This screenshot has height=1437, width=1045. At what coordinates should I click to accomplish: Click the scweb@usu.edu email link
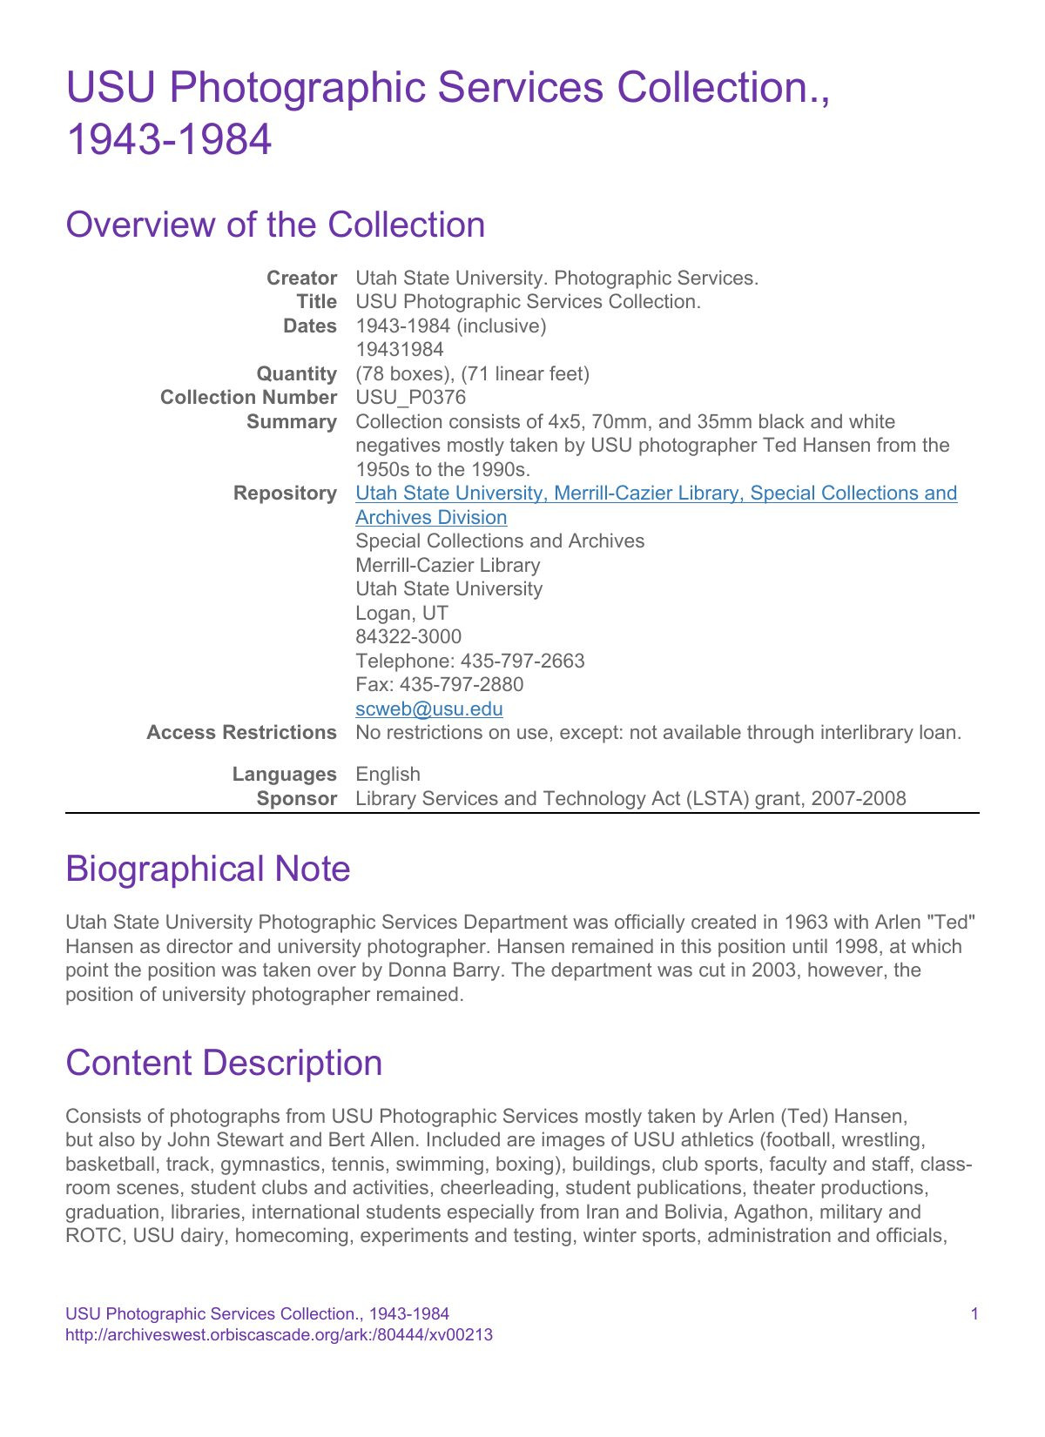click(428, 708)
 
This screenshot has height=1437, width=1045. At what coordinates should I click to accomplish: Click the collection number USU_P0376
click(410, 398)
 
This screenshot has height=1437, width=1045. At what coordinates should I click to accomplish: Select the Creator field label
click(301, 278)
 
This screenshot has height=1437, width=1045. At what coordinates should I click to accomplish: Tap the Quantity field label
click(296, 373)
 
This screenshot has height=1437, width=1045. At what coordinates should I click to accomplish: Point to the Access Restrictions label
click(241, 733)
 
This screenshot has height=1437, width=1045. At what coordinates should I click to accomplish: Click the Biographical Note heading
click(207, 869)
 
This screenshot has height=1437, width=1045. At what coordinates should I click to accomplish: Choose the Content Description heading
click(224, 1063)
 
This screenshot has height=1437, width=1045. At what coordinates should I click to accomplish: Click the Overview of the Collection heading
click(275, 225)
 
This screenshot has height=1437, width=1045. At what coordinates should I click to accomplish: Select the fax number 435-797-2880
click(462, 685)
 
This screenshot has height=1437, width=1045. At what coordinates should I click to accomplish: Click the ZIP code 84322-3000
click(408, 637)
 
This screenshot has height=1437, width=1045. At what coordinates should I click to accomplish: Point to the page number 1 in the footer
click(974, 1313)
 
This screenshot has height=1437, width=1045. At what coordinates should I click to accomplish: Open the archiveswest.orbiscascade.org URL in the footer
click(279, 1335)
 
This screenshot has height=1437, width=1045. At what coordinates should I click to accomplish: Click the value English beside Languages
click(388, 775)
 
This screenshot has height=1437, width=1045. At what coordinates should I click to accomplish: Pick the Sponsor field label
click(296, 798)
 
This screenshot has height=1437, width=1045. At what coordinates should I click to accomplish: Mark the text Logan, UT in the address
click(401, 613)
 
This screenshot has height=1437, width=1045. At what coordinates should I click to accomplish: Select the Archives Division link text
click(431, 517)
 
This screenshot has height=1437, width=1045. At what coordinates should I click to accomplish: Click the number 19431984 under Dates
click(400, 350)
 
